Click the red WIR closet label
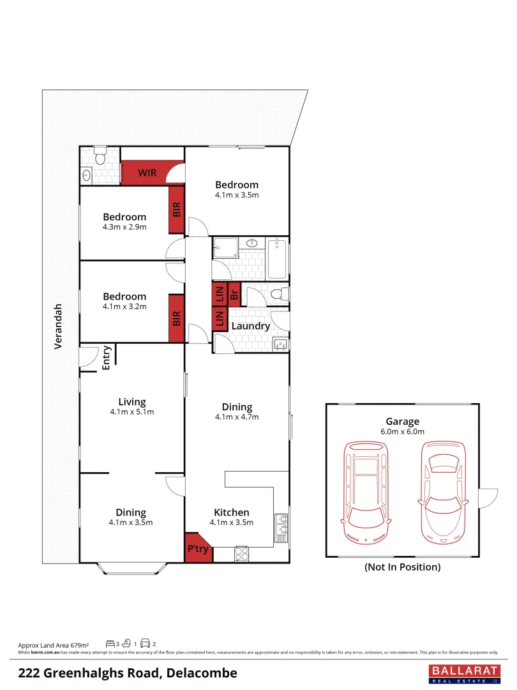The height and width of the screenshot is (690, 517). point(147,173)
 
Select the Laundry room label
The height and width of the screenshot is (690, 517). point(250,326)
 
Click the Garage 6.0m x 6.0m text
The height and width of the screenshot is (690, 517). point(402,426)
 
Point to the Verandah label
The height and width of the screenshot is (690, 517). point(58,325)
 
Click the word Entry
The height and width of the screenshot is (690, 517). point(107,358)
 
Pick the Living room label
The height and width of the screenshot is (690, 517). point(132,402)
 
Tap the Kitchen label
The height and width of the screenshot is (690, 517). point(231,512)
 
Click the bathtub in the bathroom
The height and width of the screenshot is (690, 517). point(278,259)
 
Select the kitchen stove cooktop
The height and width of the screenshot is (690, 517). point(241,553)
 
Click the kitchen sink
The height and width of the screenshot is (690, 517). point(281,528)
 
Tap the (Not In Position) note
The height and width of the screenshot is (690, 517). point(402,567)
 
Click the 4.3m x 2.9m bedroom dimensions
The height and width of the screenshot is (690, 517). point(124,227)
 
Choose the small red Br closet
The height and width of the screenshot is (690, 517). point(234,294)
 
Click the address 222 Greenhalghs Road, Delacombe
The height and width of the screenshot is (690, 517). point(128,673)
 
